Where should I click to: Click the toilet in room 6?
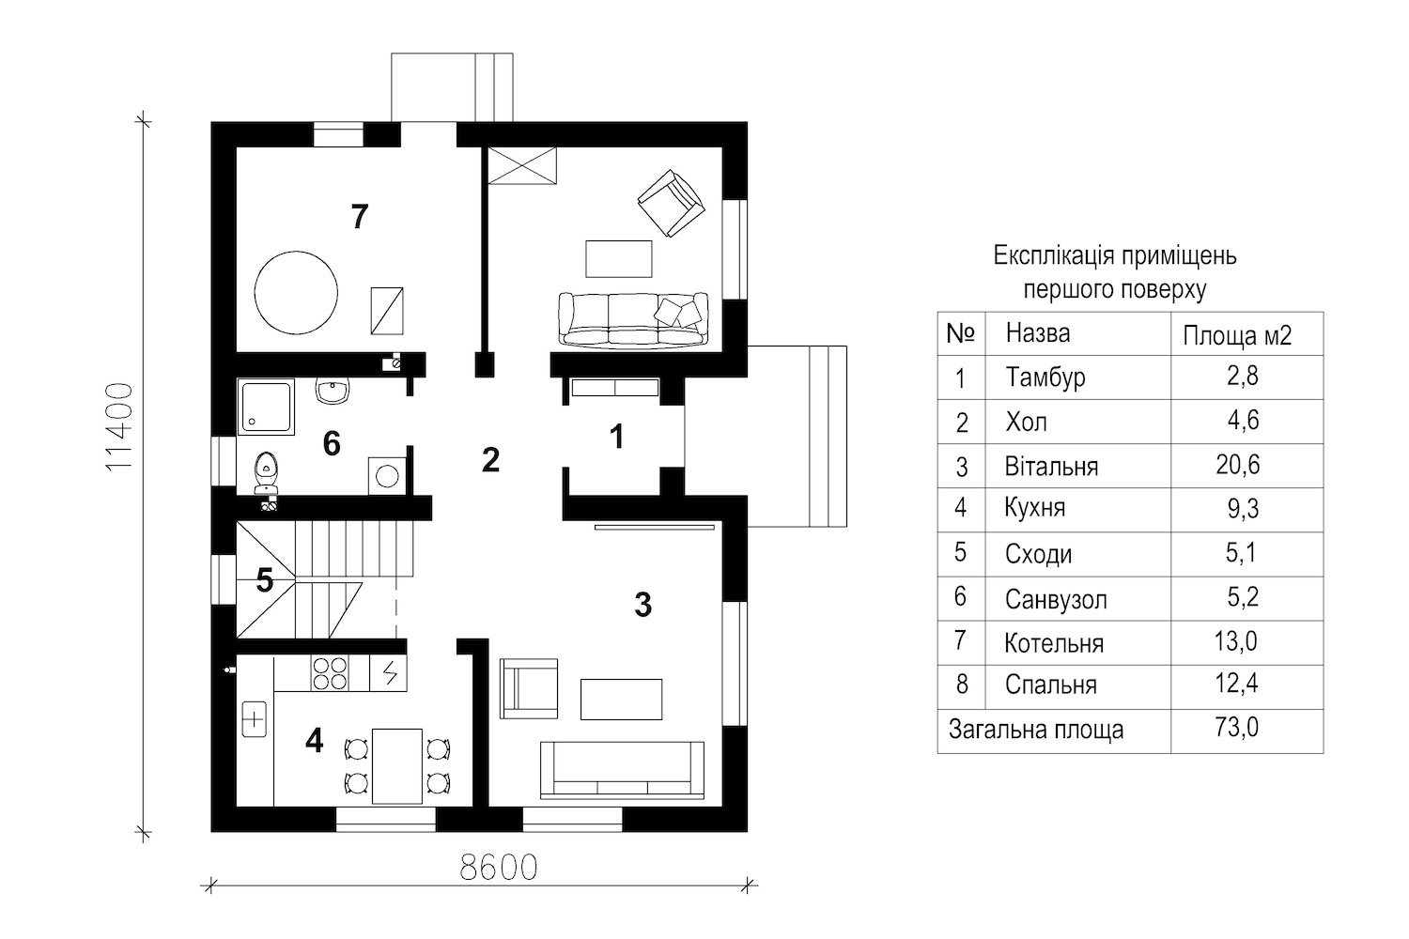click(267, 473)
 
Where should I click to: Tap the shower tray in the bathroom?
click(266, 407)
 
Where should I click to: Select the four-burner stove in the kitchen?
click(329, 673)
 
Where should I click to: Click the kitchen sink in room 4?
click(255, 719)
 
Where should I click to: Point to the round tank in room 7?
click(296, 292)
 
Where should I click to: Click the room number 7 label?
click(359, 216)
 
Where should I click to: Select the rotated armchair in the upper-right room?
click(671, 203)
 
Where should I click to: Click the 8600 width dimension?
click(499, 868)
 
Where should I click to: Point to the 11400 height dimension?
click(119, 426)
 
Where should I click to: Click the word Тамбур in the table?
click(1045, 377)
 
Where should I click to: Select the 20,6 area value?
click(1237, 466)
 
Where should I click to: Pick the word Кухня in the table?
click(1035, 508)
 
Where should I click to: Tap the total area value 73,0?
click(1237, 728)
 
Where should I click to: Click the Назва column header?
click(1037, 333)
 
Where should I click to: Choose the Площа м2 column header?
click(1237, 336)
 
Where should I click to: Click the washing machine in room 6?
click(387, 475)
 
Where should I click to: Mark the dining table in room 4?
click(397, 766)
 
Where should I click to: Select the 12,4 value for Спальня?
click(1237, 684)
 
